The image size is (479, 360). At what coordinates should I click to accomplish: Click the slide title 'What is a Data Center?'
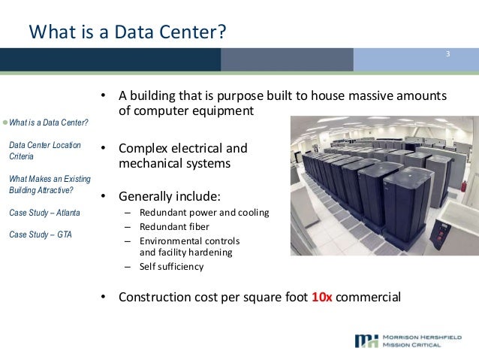(128, 32)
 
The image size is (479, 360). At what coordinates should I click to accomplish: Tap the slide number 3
(447, 54)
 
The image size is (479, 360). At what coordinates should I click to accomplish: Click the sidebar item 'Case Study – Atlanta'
(44, 213)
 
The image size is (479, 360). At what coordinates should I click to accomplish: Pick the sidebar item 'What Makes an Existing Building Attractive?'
(48, 185)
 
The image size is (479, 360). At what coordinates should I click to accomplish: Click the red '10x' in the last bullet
(321, 296)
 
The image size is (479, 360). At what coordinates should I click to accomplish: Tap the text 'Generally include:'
(170, 197)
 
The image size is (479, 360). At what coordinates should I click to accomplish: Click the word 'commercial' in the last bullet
(369, 296)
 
